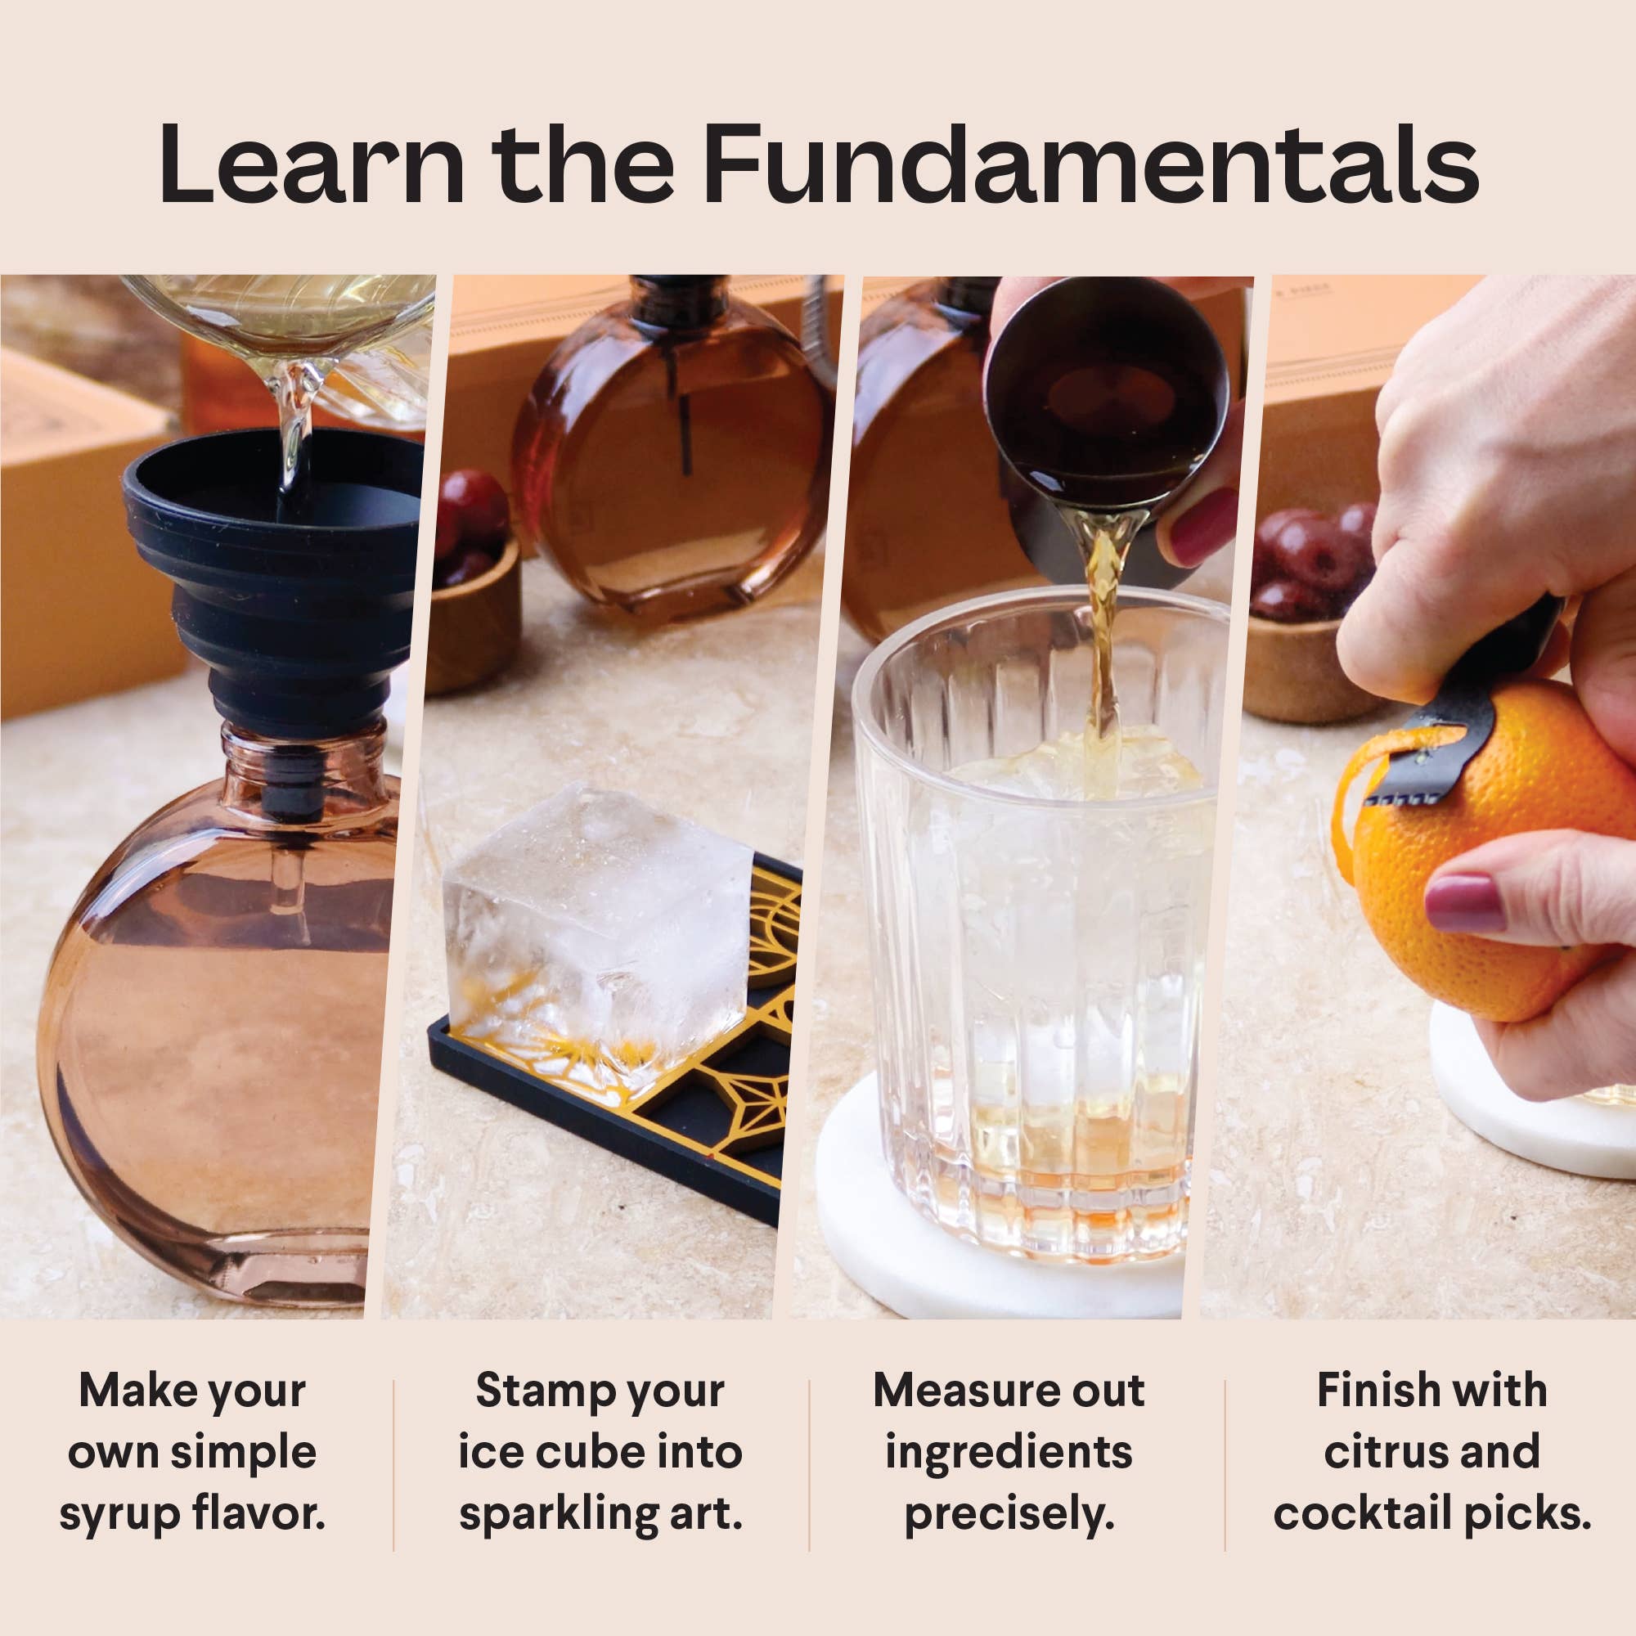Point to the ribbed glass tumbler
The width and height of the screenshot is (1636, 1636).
(x=1037, y=973)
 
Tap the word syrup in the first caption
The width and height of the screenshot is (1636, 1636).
(x=119, y=1513)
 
